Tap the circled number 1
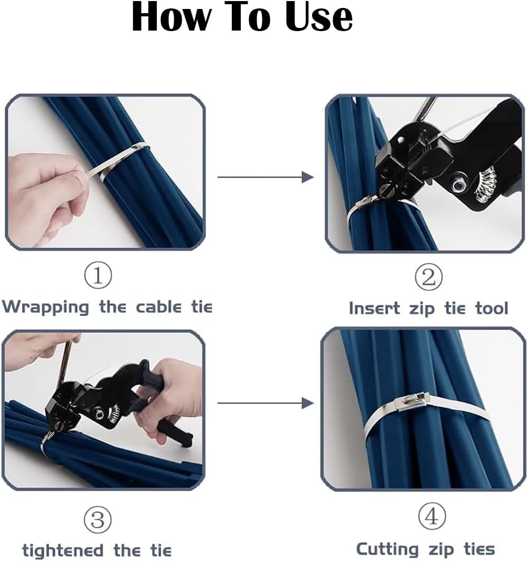98,275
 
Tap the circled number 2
428,277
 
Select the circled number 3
98,519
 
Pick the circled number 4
432,516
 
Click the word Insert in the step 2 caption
374,308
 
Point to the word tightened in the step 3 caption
63,550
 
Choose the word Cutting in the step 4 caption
388,549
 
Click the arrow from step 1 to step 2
266,177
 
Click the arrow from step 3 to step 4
266,403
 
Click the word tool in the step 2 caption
492,308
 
